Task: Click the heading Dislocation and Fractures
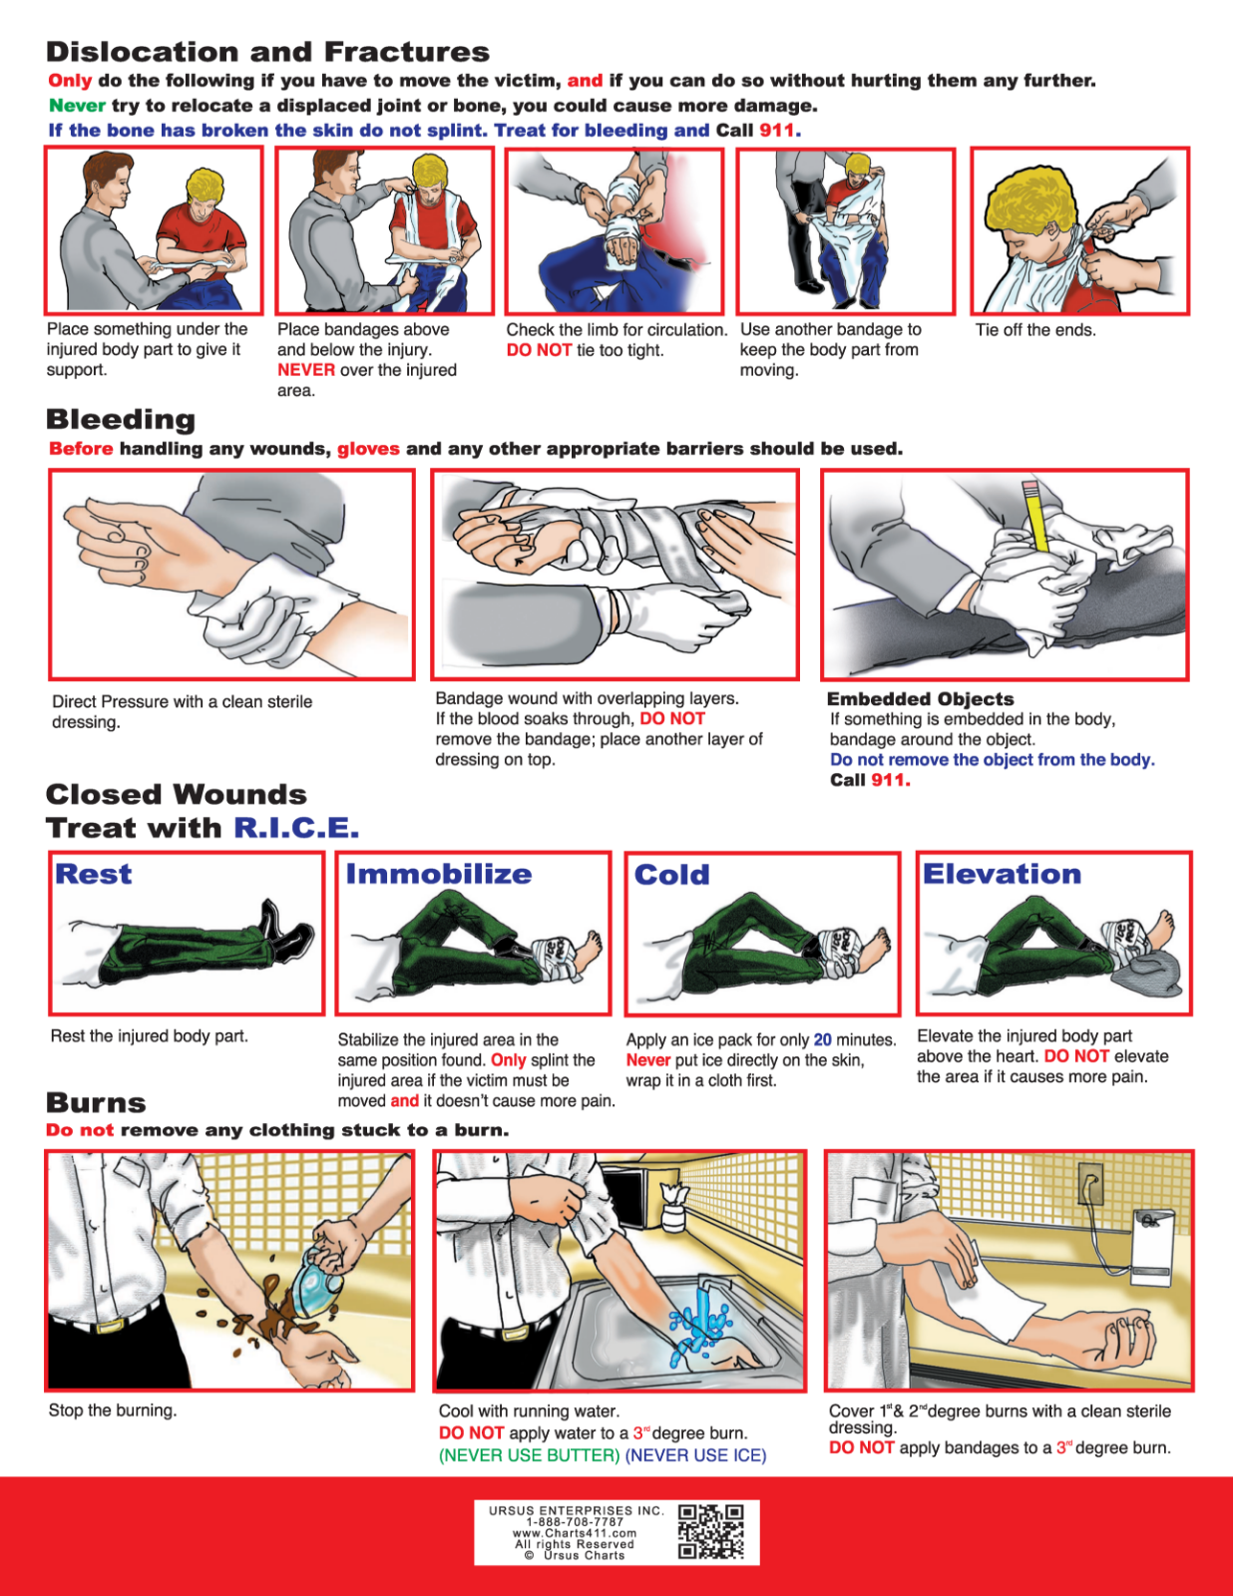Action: point(267,52)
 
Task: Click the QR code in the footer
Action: point(711,1532)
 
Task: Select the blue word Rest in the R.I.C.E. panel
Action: point(93,875)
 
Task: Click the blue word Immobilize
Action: point(438,875)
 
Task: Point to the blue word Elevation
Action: point(1001,875)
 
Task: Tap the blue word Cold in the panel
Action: point(671,876)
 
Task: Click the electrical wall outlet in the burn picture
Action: point(1089,1185)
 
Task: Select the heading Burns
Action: point(96,1103)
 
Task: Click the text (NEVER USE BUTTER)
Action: point(529,1455)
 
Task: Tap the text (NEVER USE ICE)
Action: point(695,1455)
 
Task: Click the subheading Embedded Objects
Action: point(920,699)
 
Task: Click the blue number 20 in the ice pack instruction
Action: point(822,1039)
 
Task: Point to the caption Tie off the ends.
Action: point(1034,330)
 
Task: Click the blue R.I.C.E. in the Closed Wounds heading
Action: point(295,828)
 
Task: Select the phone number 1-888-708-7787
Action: point(574,1522)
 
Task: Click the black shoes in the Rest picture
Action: point(283,931)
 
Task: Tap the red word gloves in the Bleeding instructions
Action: point(368,449)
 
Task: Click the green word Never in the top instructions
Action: point(77,106)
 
